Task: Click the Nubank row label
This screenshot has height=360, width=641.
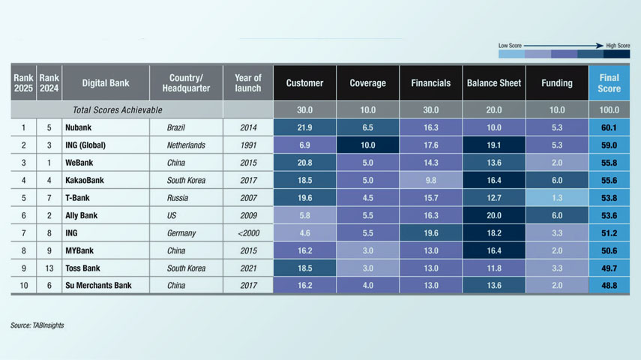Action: (x=79, y=128)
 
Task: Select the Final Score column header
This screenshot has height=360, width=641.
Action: (x=610, y=83)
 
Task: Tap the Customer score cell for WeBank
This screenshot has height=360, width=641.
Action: (x=304, y=163)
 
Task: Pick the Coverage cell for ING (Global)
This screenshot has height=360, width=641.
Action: (x=367, y=145)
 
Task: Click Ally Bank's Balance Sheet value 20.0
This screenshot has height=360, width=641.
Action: (x=493, y=215)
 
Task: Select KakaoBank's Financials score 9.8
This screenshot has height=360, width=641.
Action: (x=430, y=181)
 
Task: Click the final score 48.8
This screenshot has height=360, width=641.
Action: (x=610, y=286)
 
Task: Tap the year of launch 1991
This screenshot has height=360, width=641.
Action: (x=248, y=145)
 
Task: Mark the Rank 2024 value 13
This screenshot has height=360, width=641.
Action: (x=49, y=268)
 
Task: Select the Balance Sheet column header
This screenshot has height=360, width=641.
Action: (x=493, y=83)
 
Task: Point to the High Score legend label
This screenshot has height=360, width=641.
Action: (x=616, y=46)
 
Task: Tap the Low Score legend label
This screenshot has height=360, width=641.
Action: (x=510, y=46)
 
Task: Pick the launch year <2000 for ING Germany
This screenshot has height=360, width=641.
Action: (x=248, y=233)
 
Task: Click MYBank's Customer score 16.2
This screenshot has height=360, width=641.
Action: (x=304, y=250)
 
